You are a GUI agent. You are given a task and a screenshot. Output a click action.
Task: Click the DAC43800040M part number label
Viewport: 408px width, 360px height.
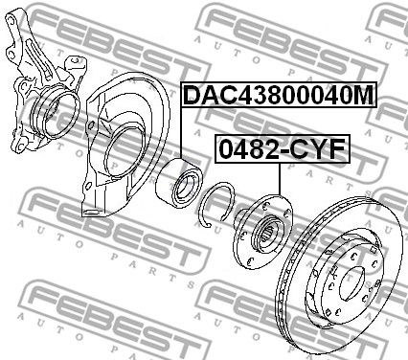pyautogui.click(x=280, y=95)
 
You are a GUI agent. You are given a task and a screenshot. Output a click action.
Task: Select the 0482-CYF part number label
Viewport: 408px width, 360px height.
pyautogui.click(x=283, y=149)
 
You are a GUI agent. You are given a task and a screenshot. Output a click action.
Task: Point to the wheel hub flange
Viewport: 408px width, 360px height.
pyautogui.click(x=262, y=232)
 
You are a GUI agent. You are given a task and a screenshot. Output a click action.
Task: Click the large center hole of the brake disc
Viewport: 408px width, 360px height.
pyautogui.click(x=351, y=284)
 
